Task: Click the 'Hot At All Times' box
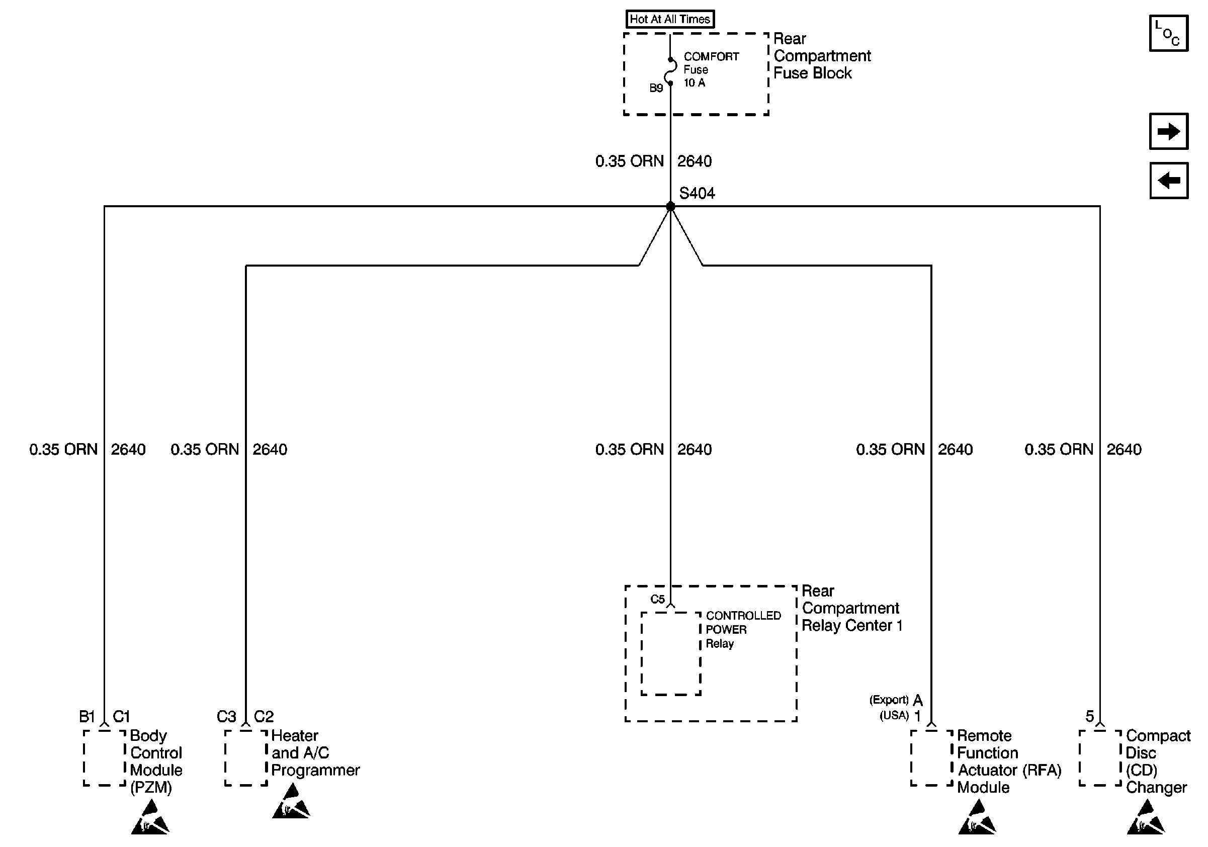coord(669,19)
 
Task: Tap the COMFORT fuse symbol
coord(671,71)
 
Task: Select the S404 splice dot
coord(670,206)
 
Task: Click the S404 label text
coord(697,193)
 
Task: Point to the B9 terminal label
coord(656,88)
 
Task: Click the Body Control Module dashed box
coord(104,757)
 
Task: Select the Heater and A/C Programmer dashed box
coord(246,757)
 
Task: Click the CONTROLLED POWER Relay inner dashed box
coord(671,653)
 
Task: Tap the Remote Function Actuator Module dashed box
coord(931,757)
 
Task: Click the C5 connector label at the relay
coord(657,599)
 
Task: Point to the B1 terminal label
coord(87,716)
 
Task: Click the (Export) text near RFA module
coord(889,700)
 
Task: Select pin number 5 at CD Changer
coord(1090,716)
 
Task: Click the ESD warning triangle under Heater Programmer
coord(291,802)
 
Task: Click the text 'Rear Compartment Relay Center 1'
coord(851,608)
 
